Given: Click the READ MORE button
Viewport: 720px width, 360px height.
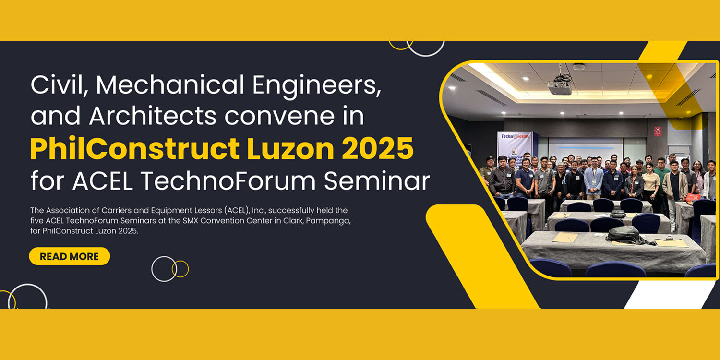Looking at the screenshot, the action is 70,256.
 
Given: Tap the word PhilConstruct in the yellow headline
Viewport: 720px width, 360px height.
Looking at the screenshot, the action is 135,148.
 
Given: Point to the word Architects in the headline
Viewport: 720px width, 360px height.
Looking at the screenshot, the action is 153,116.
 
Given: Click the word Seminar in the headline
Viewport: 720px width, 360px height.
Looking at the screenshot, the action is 377,181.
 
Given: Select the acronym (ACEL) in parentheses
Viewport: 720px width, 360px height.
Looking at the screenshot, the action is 237,211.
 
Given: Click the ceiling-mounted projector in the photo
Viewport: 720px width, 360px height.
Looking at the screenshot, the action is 560,84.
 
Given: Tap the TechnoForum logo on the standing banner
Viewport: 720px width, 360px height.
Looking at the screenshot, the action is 515,136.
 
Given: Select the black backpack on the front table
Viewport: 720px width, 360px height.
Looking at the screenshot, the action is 622,234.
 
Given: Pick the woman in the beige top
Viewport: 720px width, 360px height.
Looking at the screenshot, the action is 651,183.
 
